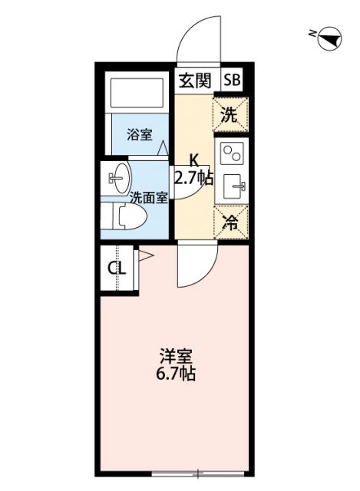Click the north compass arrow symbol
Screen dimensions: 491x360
coord(328,35)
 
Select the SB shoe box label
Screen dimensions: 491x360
coord(231,79)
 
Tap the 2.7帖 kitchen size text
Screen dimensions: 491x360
coord(193,178)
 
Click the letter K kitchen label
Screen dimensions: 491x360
coord(194,161)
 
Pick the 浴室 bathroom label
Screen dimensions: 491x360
coord(139,135)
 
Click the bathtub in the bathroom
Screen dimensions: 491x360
coord(137,94)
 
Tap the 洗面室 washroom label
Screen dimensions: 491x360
coord(147,196)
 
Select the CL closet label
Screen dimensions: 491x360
coord(116,269)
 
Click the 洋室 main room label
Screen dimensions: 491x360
coord(175,358)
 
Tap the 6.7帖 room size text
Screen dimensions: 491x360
coord(175,375)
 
